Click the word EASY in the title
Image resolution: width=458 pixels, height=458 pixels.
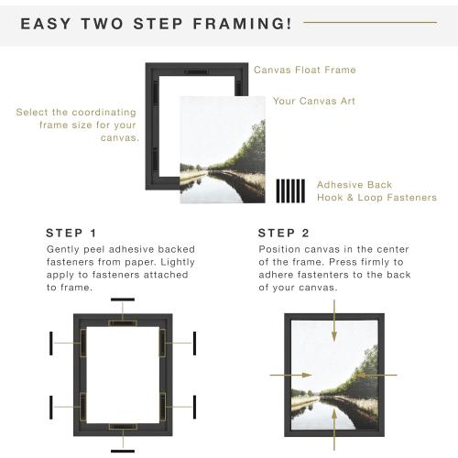coord(47,23)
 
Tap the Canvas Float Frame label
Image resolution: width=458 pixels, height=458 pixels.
coord(304,70)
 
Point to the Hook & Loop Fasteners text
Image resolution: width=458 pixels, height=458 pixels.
coord(376,197)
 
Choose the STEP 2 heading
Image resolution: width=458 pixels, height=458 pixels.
coord(283,232)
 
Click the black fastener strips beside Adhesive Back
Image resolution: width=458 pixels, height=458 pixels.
coord(290,190)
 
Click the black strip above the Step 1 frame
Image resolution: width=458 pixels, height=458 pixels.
coord(122,300)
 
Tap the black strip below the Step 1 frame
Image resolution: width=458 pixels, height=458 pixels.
coord(122,450)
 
